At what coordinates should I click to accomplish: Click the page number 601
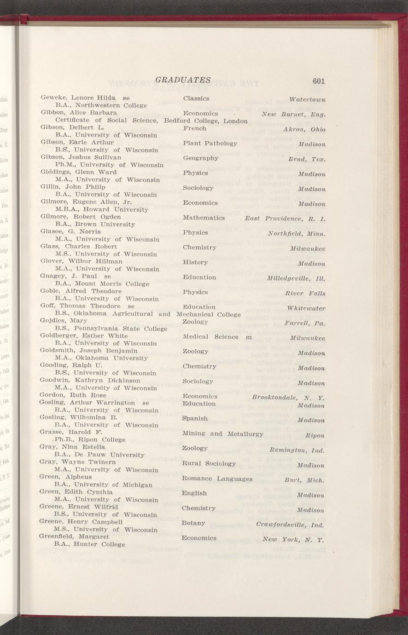319,81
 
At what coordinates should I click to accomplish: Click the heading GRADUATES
183,80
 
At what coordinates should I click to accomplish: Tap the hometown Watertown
307,99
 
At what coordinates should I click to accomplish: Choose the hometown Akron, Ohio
304,129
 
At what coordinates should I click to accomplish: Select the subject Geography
200,158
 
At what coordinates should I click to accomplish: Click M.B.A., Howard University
101,209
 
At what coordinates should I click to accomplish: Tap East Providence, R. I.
286,218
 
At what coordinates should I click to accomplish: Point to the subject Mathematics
204,218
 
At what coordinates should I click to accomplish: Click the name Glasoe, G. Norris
71,231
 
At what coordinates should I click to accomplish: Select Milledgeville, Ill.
296,278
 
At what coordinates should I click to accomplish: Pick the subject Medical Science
210,337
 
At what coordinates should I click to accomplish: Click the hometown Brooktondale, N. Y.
289,397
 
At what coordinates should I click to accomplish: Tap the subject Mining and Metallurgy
222,433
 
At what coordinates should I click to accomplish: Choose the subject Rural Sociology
209,463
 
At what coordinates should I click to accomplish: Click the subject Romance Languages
217,479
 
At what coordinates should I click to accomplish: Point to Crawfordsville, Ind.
290,525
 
